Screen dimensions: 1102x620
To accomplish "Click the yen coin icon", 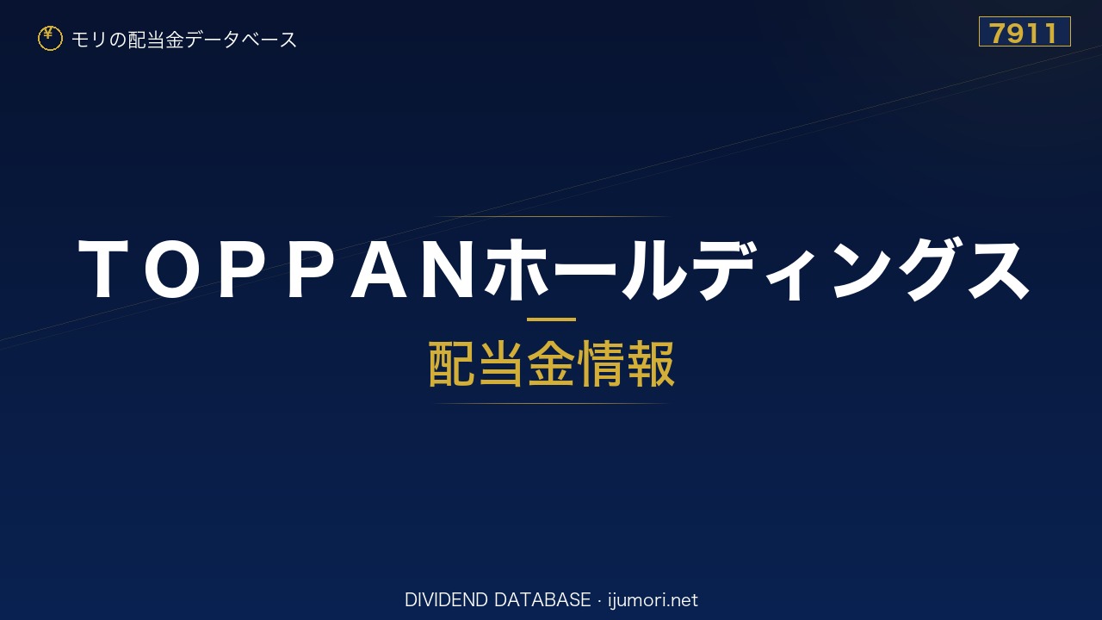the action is (x=50, y=39).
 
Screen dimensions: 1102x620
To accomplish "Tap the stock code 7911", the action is (x=1025, y=33).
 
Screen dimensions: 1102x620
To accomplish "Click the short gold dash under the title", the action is (x=551, y=319).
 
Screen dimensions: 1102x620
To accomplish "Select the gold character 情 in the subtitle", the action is (x=601, y=364).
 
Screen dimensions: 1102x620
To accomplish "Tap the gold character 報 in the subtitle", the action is (x=650, y=364).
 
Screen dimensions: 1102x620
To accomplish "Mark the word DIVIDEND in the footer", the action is (x=446, y=600).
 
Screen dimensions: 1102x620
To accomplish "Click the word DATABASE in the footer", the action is (x=542, y=600).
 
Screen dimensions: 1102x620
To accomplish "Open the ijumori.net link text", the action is (x=653, y=601).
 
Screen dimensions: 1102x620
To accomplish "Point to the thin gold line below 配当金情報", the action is (x=551, y=404).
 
